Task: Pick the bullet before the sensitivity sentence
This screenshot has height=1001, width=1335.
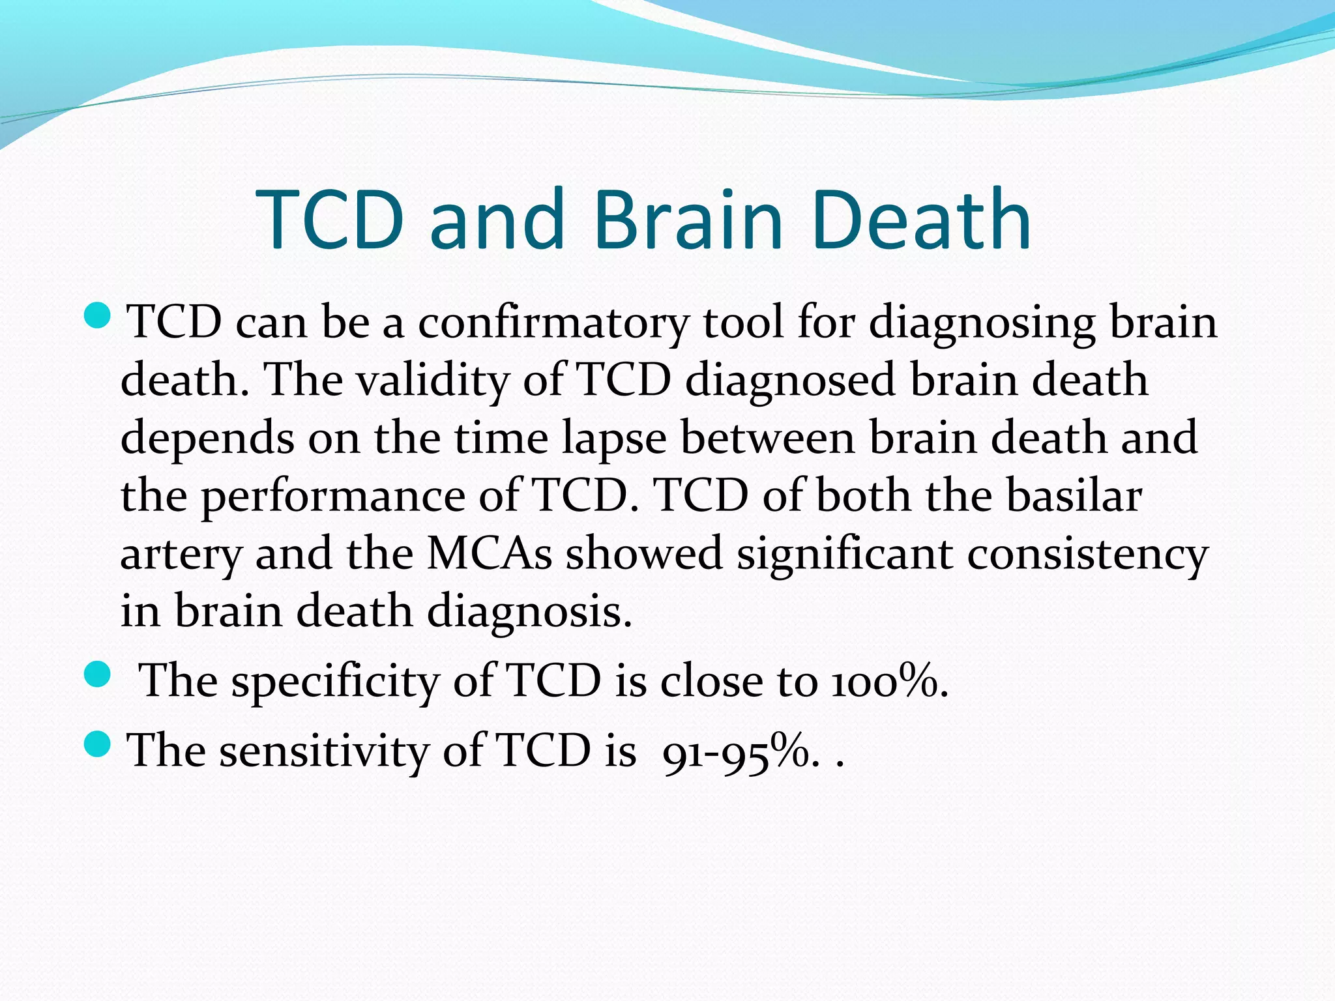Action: (98, 744)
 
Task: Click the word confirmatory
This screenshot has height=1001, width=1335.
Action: (553, 323)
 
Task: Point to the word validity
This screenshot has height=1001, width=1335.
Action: (433, 381)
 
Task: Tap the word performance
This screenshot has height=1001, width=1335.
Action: (332, 497)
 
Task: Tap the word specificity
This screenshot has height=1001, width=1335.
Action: (336, 682)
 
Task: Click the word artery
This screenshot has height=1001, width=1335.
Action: (181, 554)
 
